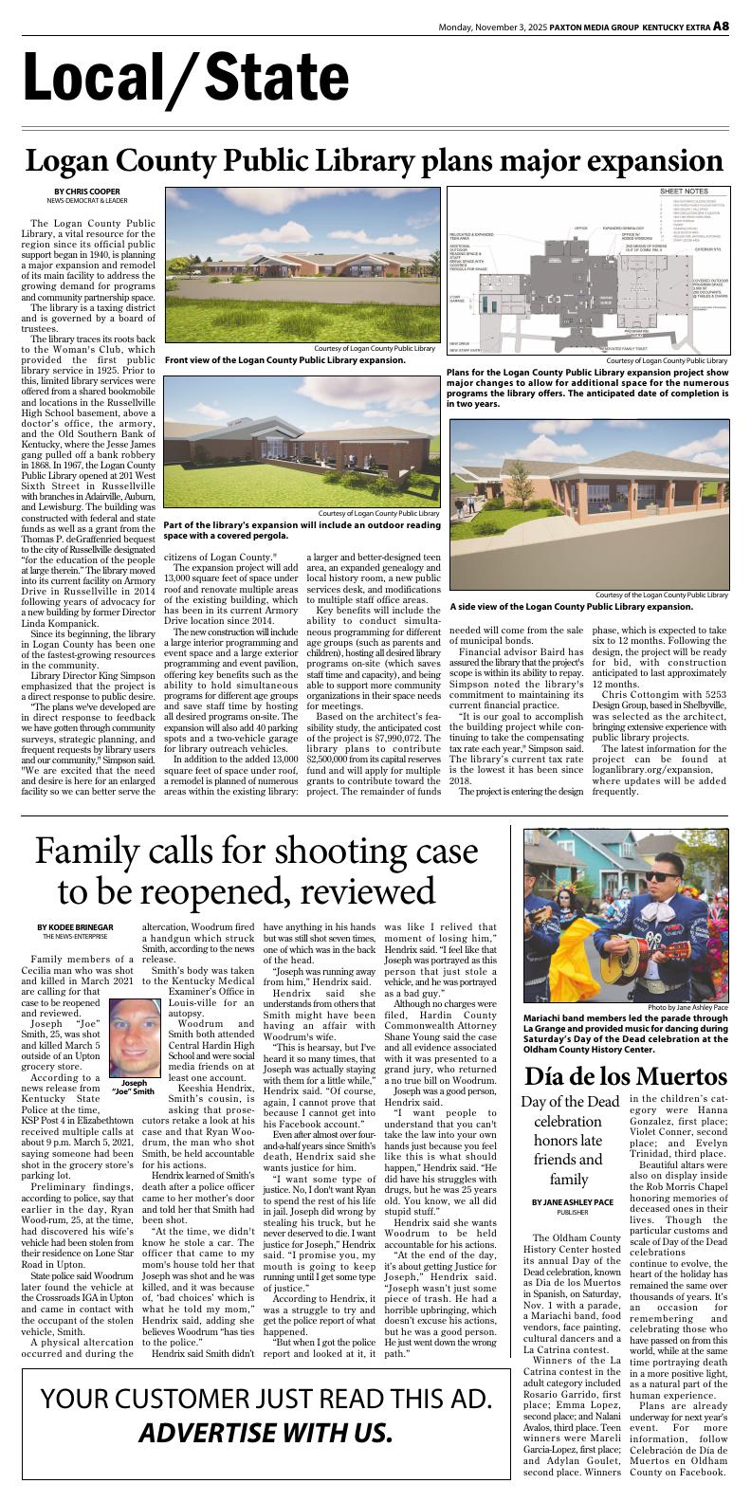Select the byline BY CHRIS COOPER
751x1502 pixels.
[x=87, y=192]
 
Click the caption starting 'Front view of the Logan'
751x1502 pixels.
[x=284, y=360]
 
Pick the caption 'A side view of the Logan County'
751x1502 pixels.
[x=571, y=606]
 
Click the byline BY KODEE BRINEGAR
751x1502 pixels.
[x=75, y=926]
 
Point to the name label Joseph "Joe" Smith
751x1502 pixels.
[x=134, y=1087]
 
